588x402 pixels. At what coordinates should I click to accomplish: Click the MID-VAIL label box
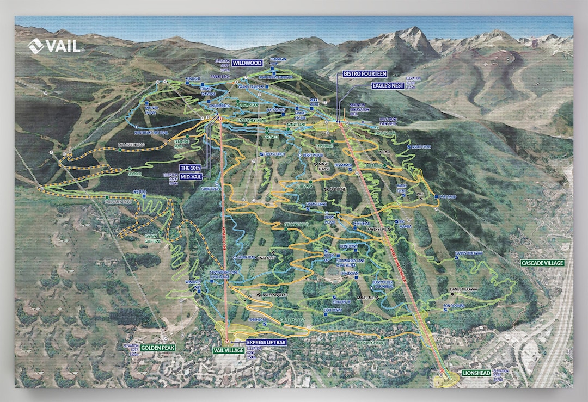coord(195,177)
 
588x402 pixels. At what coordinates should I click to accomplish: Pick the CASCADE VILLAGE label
coord(542,263)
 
